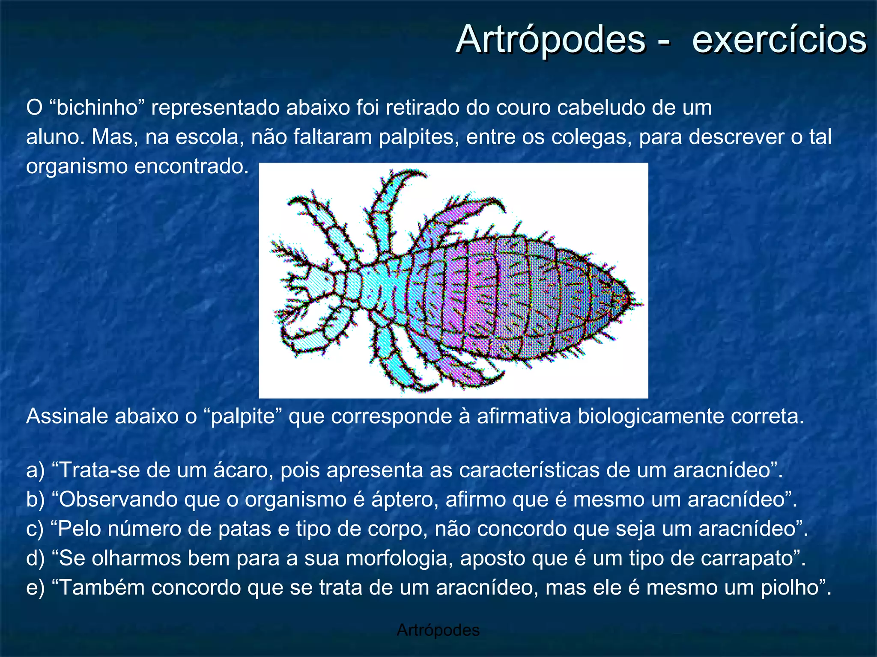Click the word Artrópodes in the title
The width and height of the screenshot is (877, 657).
tap(550, 39)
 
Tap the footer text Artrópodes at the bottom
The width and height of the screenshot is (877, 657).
tap(438, 630)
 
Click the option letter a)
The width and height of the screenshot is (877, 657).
tap(35, 470)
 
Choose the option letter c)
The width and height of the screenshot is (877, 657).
tap(35, 529)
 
